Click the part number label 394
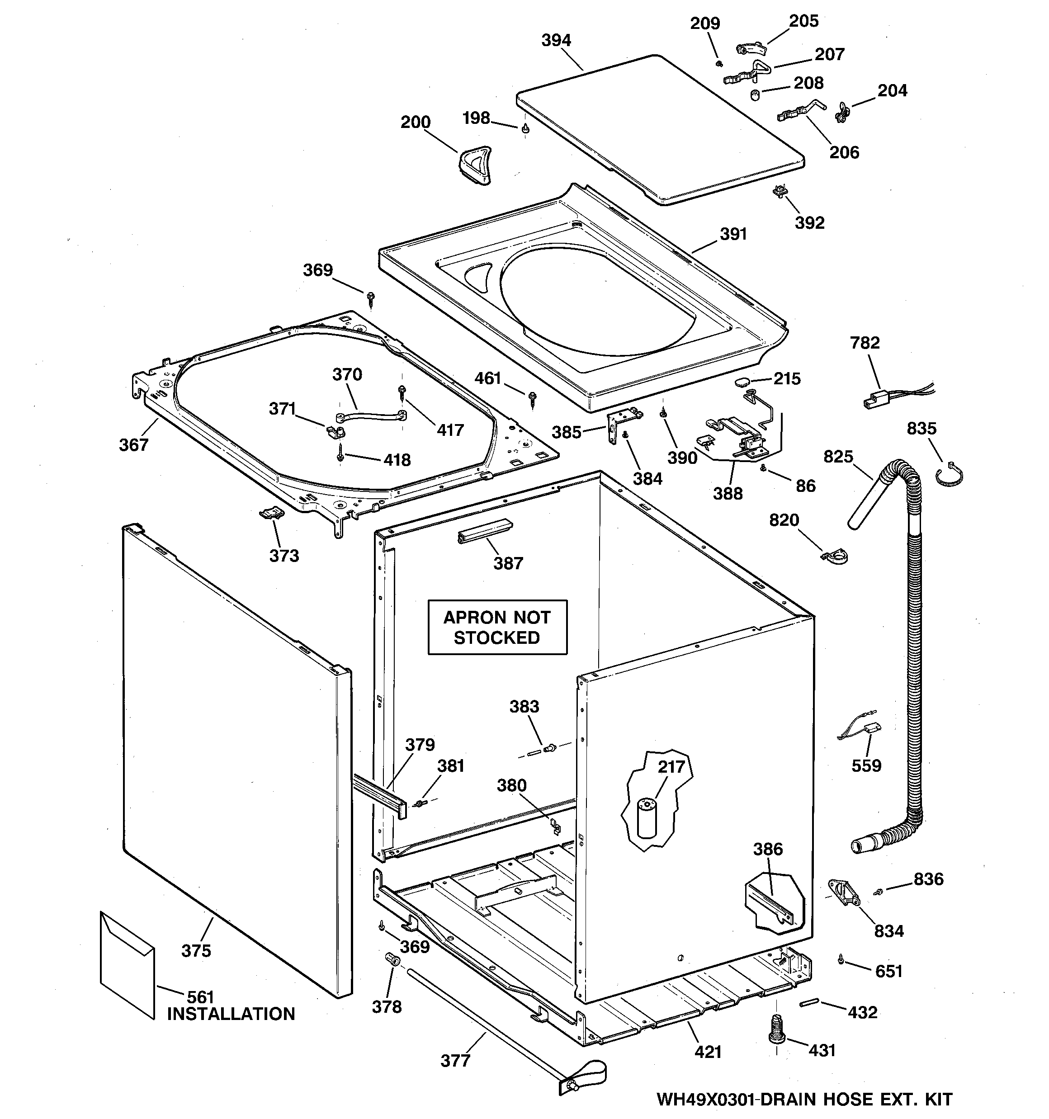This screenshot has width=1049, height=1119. point(556,41)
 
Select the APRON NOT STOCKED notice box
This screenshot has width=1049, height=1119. point(497,628)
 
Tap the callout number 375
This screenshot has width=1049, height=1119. point(196,951)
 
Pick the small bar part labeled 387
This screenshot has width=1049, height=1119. point(485,532)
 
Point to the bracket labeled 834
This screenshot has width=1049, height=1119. point(843,894)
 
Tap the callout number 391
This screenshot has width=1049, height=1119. point(733,234)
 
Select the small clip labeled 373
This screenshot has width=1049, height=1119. point(271,513)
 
